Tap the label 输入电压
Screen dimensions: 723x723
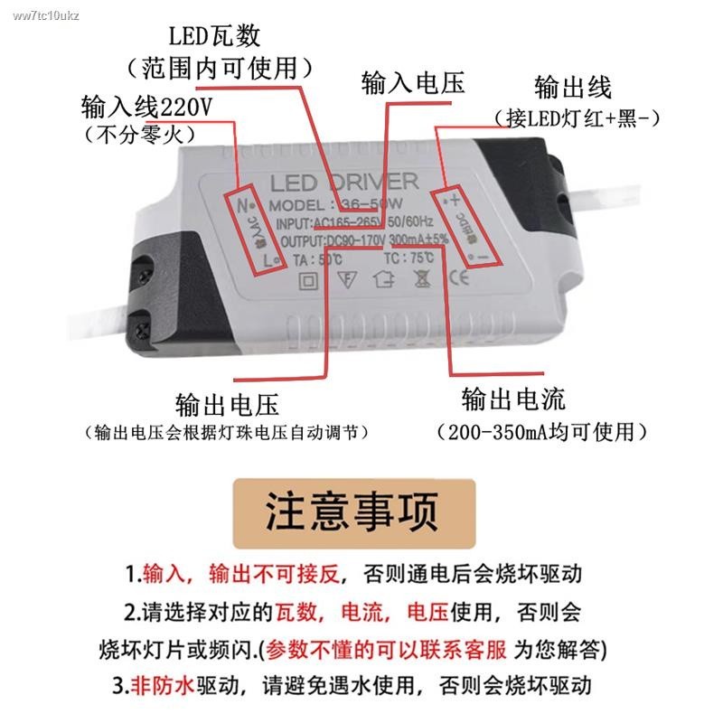(412, 84)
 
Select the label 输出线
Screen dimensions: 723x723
(572, 88)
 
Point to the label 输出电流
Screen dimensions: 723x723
(512, 399)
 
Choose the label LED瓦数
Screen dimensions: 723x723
(215, 36)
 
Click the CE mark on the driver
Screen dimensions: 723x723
(458, 278)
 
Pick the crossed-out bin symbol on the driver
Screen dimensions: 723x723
(419, 278)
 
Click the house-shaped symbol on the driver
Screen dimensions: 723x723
(382, 278)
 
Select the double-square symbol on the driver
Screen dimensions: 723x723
(308, 280)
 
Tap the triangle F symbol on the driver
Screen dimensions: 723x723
(346, 279)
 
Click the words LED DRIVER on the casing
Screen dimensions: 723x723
(344, 181)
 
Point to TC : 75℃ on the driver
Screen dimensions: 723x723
(408, 258)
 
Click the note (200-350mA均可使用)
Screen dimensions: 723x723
(541, 432)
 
